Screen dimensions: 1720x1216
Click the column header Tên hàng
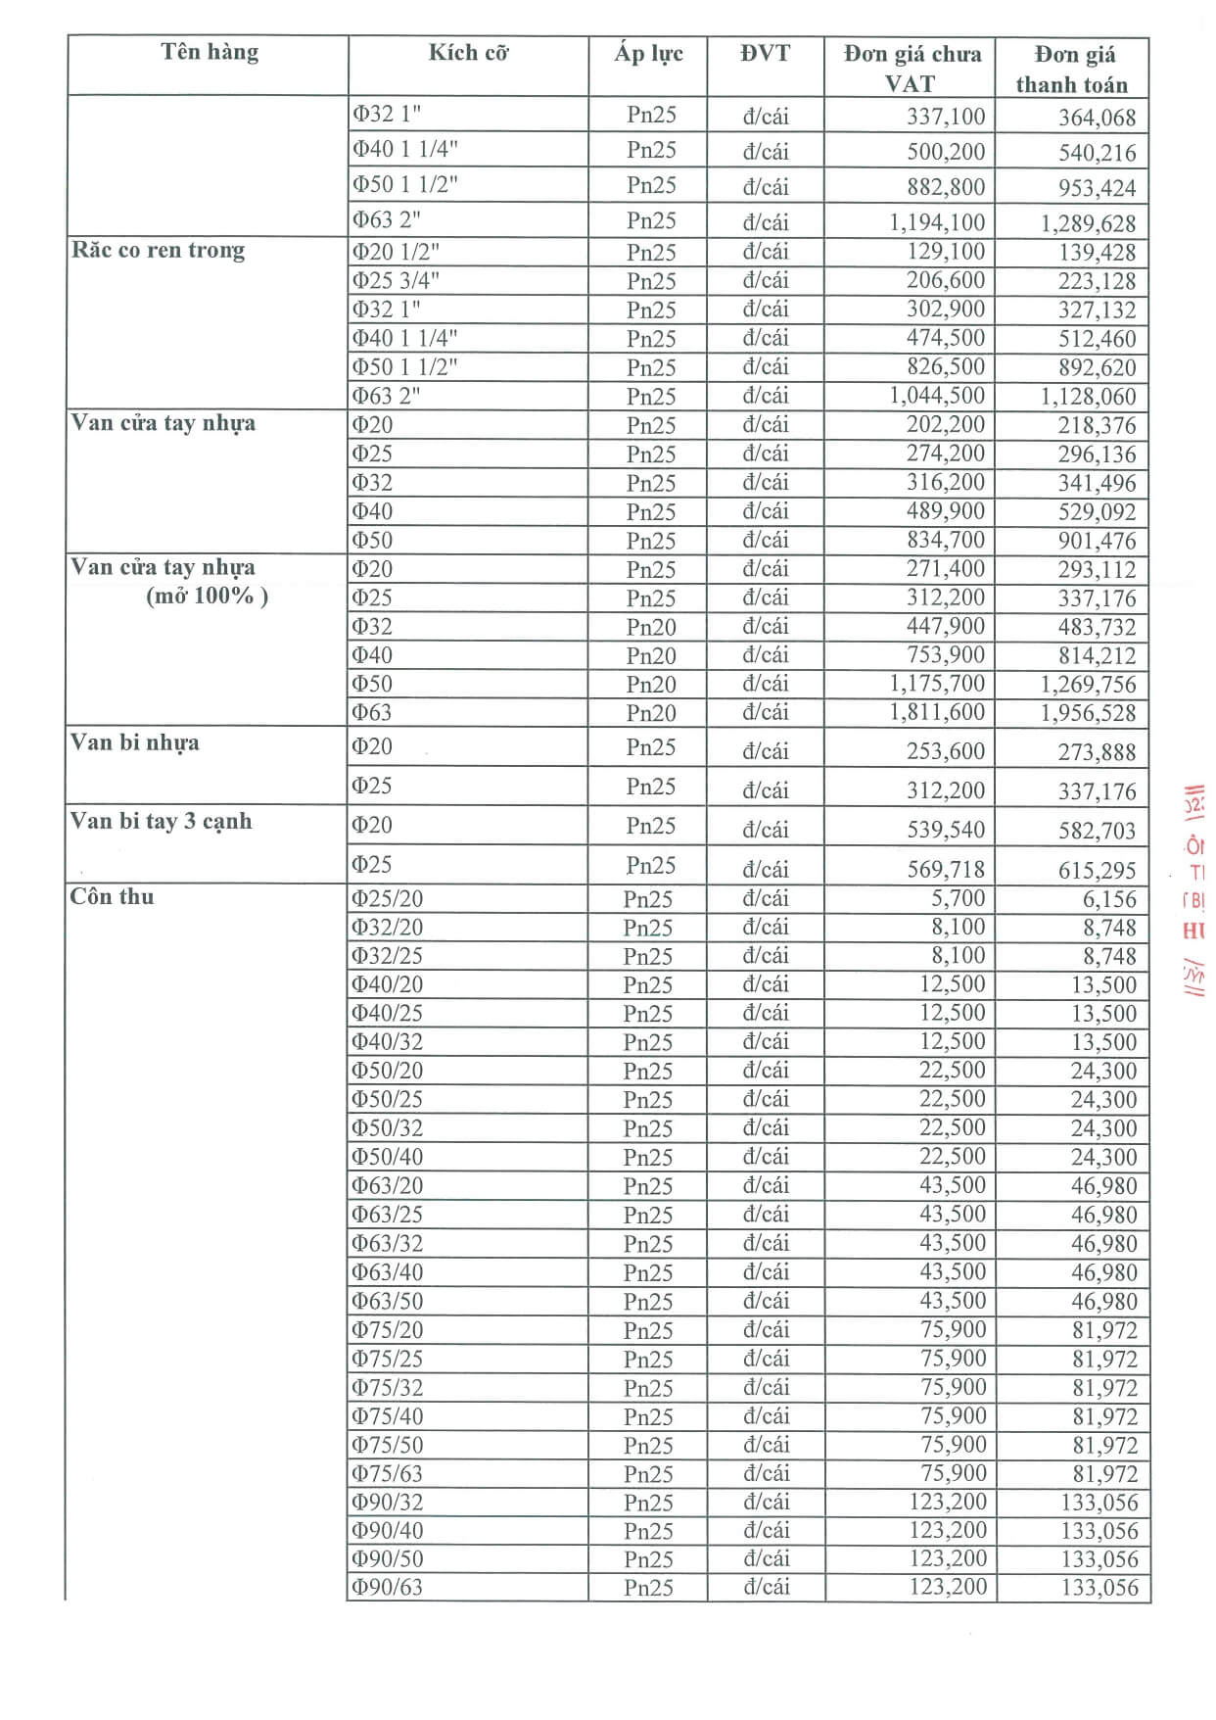(210, 52)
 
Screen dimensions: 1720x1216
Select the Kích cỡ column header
(468, 53)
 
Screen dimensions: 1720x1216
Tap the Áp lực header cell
(648, 53)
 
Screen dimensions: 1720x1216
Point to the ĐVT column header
(765, 53)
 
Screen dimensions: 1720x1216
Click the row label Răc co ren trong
(158, 250)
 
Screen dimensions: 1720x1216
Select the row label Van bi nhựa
(134, 742)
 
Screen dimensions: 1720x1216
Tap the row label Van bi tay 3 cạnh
(161, 821)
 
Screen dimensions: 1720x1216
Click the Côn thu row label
(112, 896)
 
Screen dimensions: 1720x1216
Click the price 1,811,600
(936, 712)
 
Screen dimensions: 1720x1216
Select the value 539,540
(945, 830)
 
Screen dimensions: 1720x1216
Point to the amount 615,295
(1097, 870)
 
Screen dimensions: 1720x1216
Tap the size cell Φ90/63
(388, 1587)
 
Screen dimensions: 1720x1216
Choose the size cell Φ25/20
(388, 898)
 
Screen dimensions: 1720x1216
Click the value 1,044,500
(936, 396)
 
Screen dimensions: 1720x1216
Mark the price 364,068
(1097, 118)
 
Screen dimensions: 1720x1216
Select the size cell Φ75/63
(388, 1473)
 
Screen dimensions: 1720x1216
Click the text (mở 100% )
(207, 596)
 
